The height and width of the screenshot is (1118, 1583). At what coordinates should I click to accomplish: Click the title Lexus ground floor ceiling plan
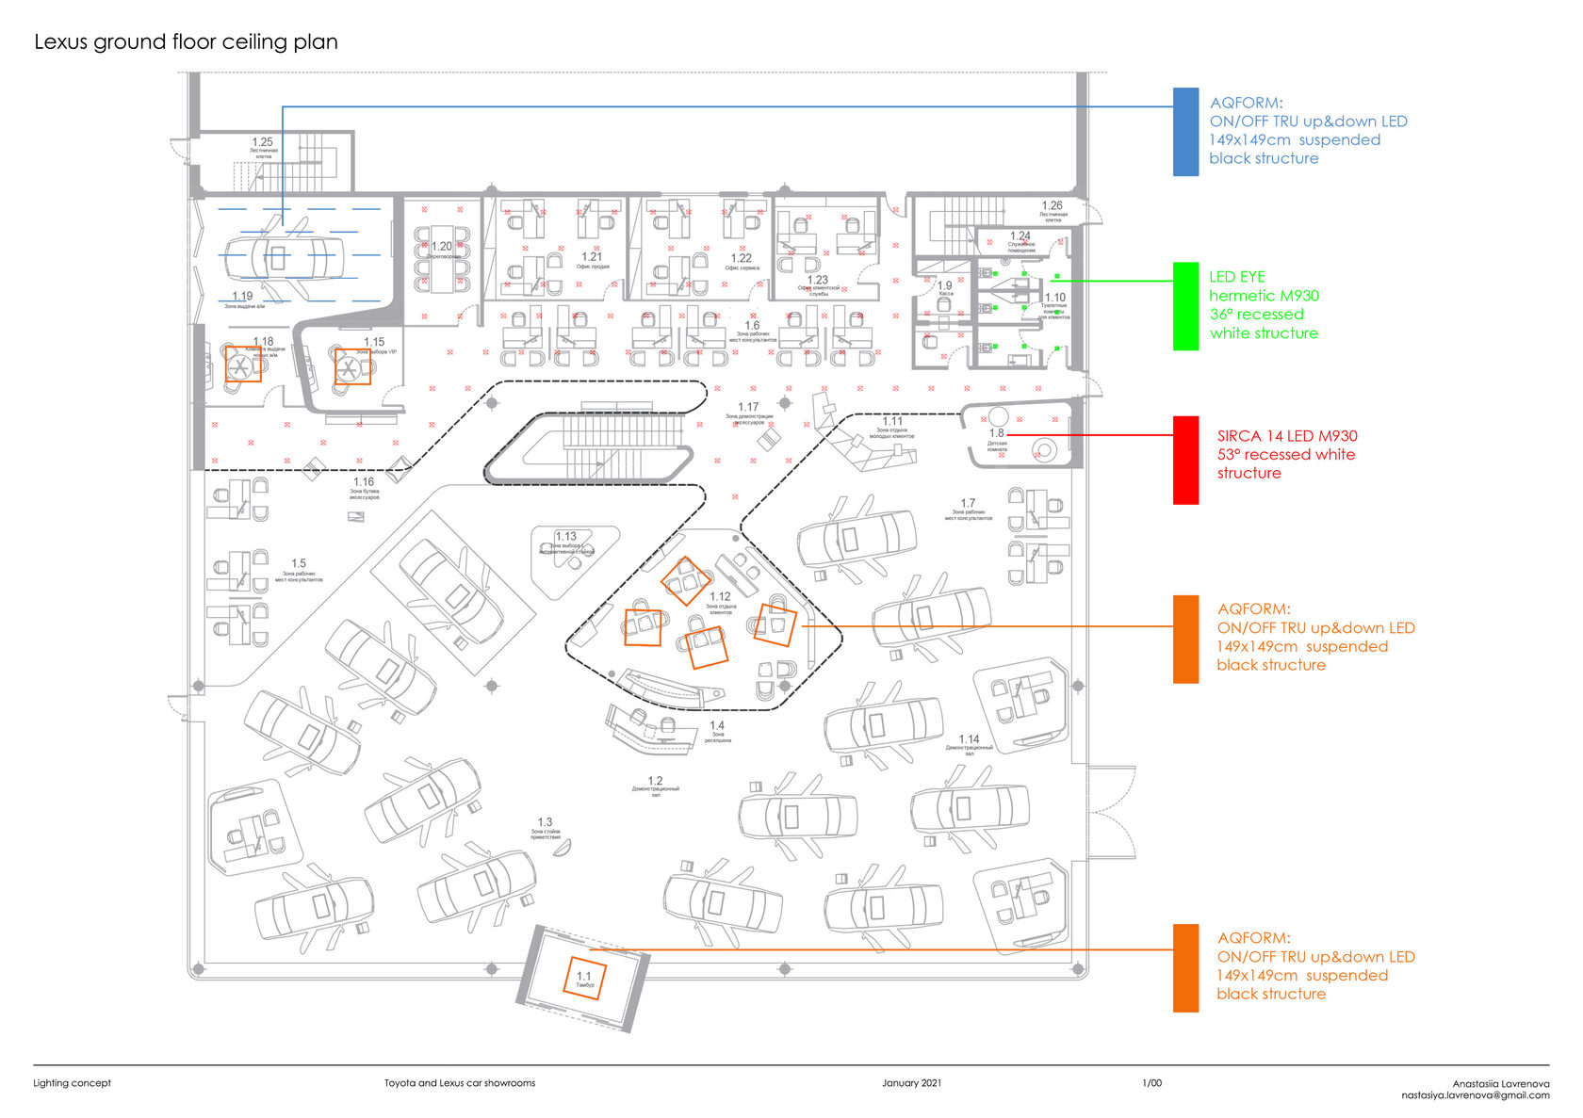click(186, 42)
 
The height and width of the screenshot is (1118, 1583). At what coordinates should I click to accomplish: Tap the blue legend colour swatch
click(1185, 132)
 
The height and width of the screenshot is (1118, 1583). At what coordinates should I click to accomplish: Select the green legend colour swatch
click(1185, 306)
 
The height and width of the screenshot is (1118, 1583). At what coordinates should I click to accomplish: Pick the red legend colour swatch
click(1185, 460)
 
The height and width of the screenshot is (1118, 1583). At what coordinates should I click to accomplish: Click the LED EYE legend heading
click(1237, 277)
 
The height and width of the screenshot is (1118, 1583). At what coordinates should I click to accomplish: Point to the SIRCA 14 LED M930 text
click(1287, 436)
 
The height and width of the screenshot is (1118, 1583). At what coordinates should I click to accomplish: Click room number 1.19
click(242, 296)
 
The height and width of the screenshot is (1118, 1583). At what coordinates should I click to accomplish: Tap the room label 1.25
click(262, 142)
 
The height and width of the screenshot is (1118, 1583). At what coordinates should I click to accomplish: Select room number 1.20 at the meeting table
click(441, 247)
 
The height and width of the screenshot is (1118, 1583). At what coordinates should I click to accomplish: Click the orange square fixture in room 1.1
click(584, 978)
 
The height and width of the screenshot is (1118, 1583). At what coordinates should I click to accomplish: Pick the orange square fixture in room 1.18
click(243, 364)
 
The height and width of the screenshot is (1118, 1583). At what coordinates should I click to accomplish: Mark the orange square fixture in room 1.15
click(352, 366)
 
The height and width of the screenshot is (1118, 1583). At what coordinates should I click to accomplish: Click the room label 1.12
click(720, 596)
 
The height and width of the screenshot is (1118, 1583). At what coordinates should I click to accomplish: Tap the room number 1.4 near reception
click(717, 725)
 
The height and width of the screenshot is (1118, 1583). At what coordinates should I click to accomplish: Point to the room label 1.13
click(565, 536)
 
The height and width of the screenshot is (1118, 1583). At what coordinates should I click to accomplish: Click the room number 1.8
click(997, 433)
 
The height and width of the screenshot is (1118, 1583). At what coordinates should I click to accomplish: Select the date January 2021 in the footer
click(911, 1083)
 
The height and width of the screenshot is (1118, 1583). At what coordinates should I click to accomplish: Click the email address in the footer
click(1475, 1095)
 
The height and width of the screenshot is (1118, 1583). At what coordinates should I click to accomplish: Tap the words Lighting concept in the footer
click(72, 1083)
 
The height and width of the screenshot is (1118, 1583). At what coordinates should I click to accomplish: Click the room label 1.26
click(1052, 205)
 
